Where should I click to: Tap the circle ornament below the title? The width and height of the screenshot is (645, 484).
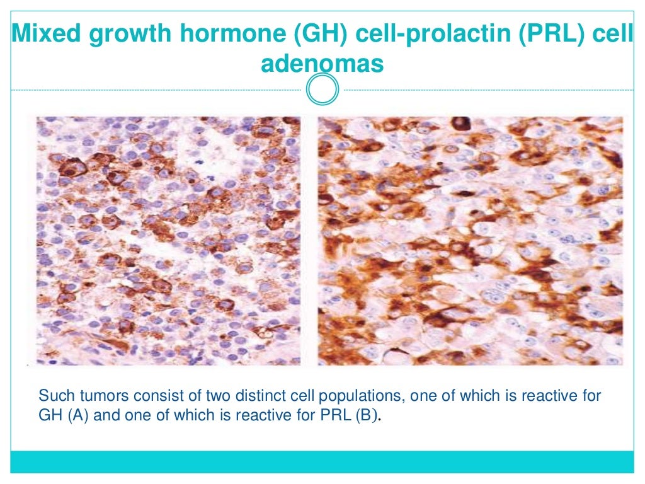[322, 90]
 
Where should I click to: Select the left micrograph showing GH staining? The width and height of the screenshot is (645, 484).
[168, 241]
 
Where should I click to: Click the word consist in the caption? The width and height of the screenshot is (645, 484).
[142, 396]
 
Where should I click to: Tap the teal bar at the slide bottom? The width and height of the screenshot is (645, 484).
[322, 461]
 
